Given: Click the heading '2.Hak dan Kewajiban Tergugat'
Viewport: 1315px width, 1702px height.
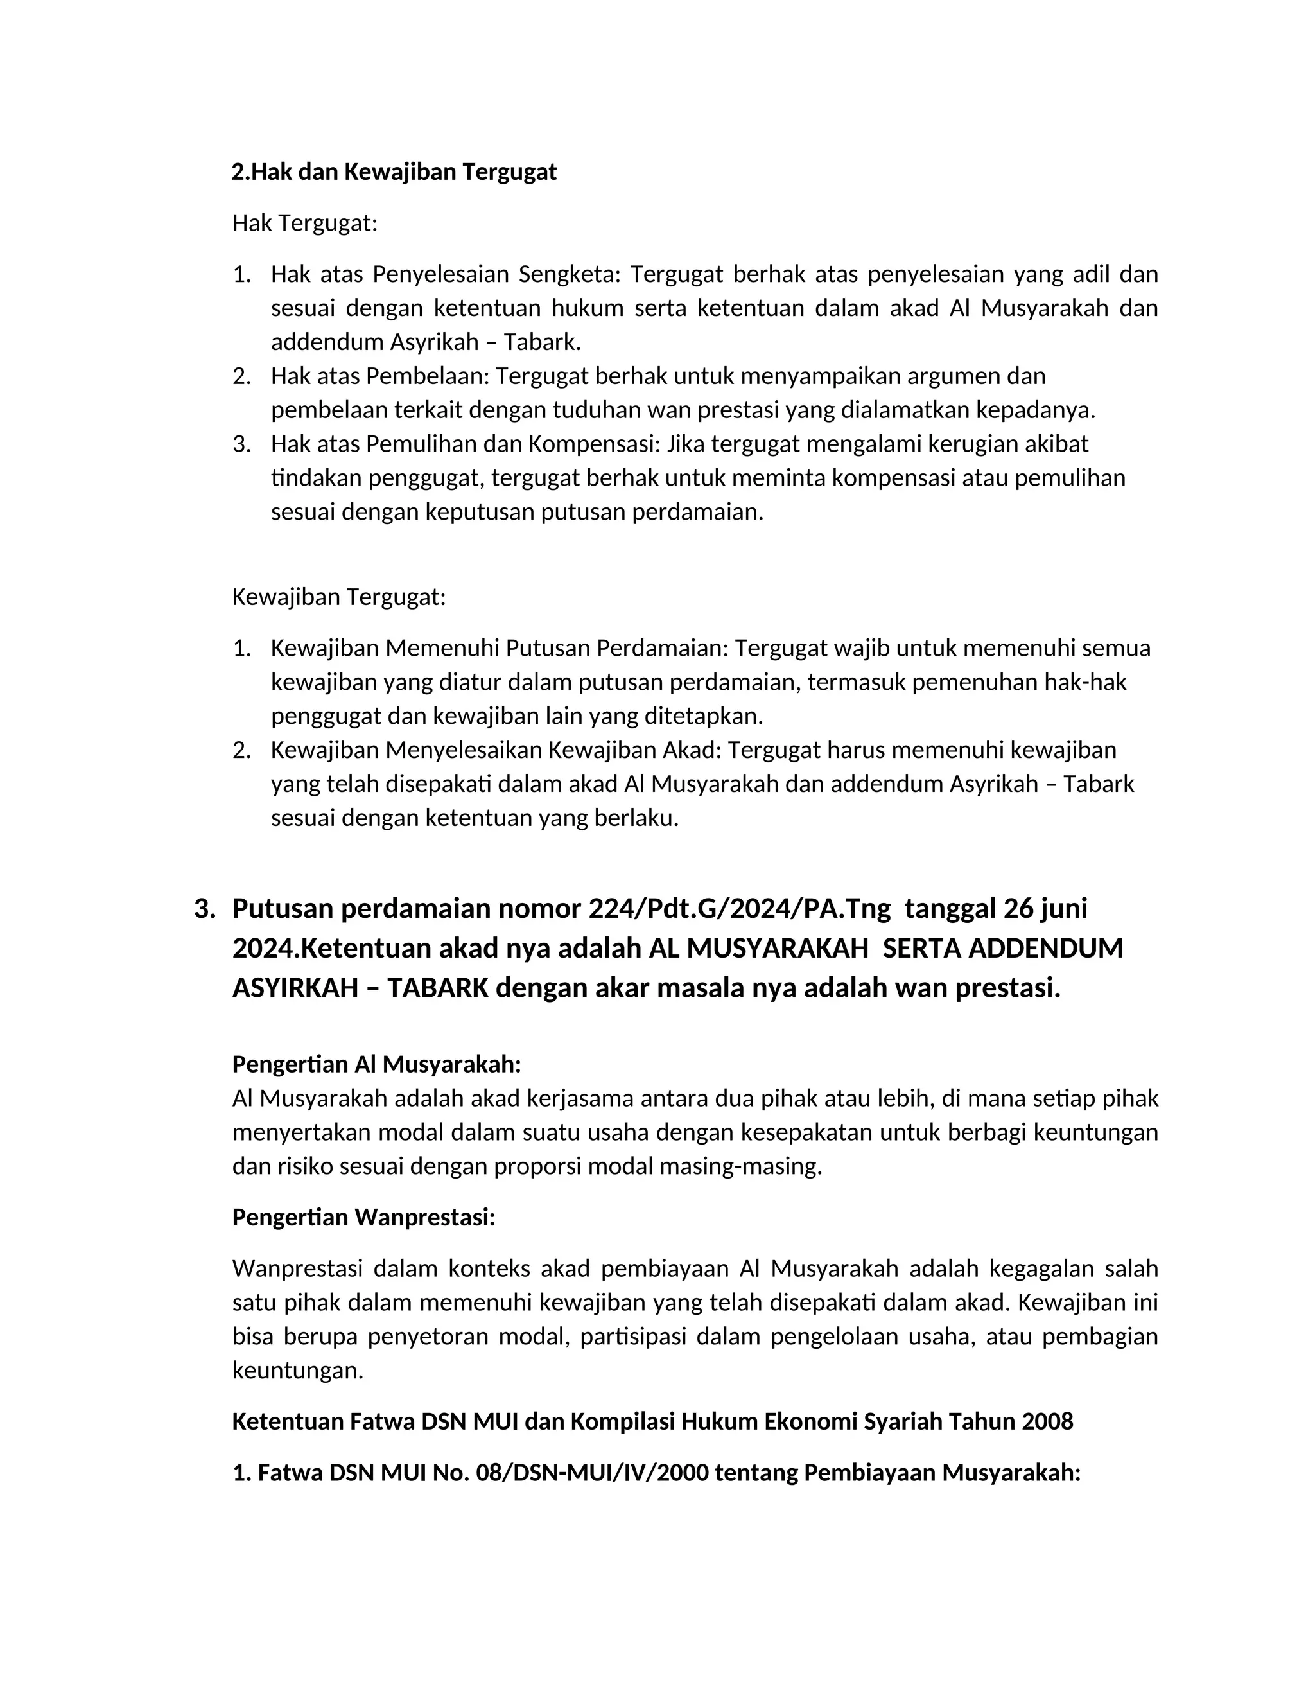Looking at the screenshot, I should [x=394, y=172].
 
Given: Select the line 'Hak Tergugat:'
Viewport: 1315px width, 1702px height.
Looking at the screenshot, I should [x=304, y=224].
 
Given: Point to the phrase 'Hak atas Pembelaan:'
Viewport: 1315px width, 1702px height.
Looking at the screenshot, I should [x=380, y=376].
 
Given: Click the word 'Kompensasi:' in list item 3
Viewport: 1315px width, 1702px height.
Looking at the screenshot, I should [x=595, y=444].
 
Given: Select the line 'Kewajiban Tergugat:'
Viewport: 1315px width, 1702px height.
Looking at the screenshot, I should [x=339, y=598].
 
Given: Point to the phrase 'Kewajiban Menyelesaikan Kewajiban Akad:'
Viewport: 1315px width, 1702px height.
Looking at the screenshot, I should [x=496, y=750].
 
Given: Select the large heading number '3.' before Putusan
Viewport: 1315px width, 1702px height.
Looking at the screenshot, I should [x=205, y=909].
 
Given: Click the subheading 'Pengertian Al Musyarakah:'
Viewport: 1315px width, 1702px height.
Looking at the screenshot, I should [x=376, y=1064].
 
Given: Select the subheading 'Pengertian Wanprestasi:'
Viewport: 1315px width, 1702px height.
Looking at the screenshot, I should [x=364, y=1218].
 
